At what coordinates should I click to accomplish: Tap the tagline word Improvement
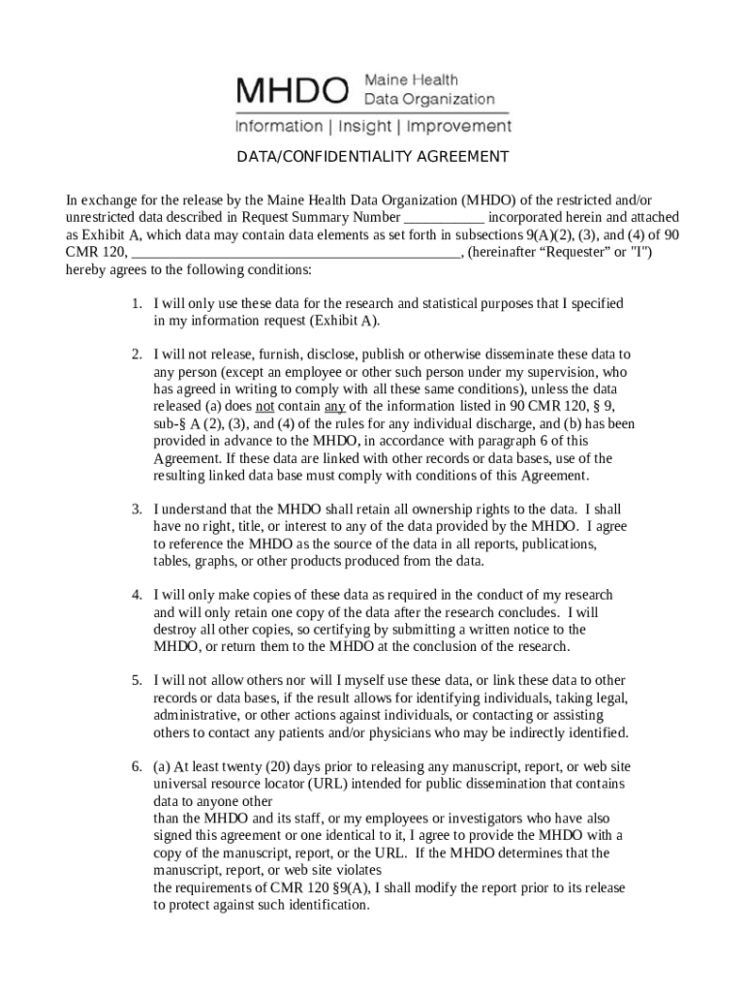(458, 127)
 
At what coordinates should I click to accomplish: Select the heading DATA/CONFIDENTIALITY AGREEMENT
(374, 157)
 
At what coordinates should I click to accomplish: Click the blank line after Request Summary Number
(443, 217)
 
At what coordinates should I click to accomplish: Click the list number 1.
(139, 304)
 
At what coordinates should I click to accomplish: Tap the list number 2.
(139, 355)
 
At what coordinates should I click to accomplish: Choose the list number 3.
(139, 509)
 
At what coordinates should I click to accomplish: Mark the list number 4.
(139, 595)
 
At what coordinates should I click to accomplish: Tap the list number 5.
(139, 681)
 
